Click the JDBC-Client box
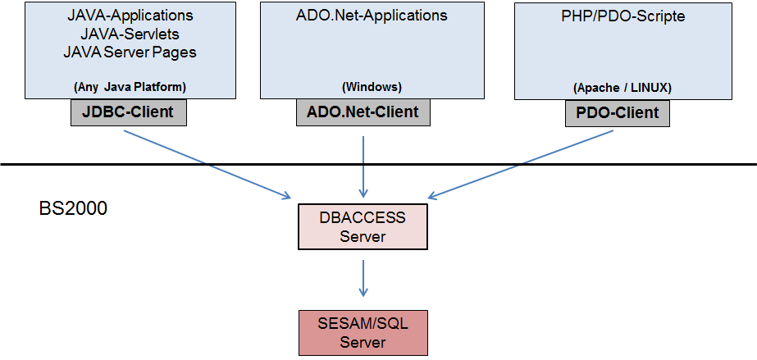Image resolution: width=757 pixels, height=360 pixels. [129, 113]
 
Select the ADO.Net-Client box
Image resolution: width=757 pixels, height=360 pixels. [363, 113]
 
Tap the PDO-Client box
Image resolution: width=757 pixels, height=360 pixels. [618, 113]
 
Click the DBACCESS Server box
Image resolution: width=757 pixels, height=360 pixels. [363, 227]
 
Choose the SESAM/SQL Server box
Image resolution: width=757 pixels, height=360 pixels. [363, 333]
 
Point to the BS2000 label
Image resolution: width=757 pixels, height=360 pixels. [73, 208]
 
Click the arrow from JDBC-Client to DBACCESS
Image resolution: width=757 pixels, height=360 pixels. [207, 164]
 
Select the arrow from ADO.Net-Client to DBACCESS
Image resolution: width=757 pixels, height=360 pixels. [363, 164]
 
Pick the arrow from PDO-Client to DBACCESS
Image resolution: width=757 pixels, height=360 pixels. [521, 164]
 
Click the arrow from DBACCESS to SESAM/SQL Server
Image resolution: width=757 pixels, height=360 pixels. [363, 278]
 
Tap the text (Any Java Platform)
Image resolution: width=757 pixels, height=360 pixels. [130, 88]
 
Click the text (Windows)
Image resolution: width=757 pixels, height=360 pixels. [372, 88]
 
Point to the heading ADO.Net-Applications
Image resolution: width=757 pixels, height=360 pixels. [372, 16]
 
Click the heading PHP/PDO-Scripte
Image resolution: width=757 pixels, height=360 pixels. [622, 16]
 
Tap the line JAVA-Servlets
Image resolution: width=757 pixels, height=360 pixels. [130, 34]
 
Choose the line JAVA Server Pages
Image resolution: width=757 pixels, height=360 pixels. [130, 52]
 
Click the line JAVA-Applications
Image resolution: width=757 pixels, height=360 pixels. [130, 16]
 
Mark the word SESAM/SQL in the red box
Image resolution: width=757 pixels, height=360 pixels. [363, 323]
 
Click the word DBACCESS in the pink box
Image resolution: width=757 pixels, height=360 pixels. [363, 217]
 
